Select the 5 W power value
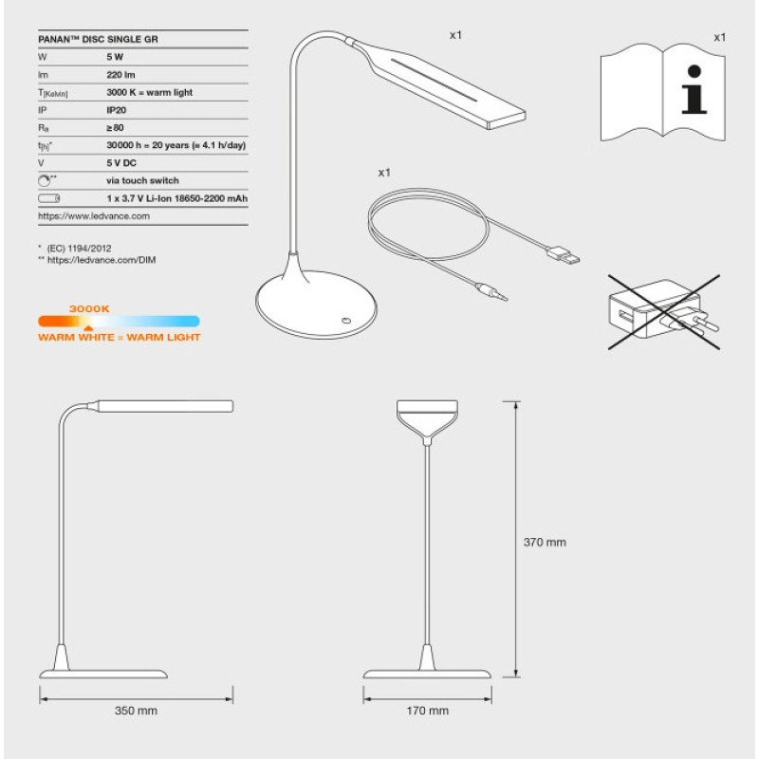point(116,58)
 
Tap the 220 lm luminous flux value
point(120,75)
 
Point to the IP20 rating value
point(117,110)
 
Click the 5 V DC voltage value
point(122,163)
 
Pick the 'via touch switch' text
point(142,180)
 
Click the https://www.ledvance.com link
point(94,216)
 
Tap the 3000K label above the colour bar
point(90,308)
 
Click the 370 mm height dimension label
point(545,543)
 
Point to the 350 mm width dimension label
point(136,711)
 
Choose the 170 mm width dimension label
point(427,711)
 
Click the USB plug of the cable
point(567,256)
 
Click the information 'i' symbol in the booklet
point(695,96)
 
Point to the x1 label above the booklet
point(719,37)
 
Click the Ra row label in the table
point(44,128)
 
